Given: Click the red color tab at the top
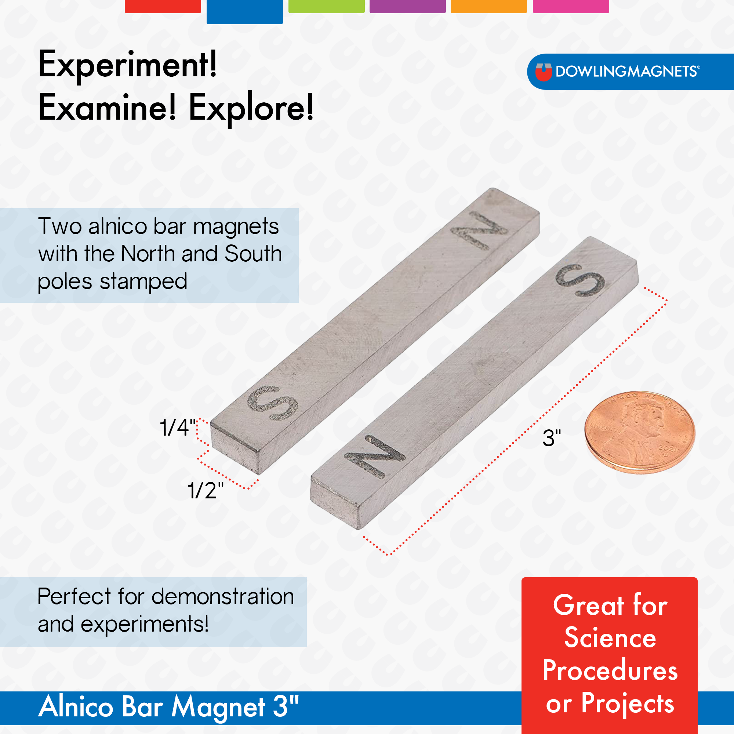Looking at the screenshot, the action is coord(163,6).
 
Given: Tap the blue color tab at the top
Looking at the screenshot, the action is coord(245,12).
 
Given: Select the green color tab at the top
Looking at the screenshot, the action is coord(326,6).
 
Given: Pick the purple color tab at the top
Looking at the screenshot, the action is coord(408,6).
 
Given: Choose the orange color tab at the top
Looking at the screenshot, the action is coord(488,6).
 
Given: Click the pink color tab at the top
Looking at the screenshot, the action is coord(571,6).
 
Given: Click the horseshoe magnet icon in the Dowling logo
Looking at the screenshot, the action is coord(543,72).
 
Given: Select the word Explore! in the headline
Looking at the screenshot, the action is coord(251,109).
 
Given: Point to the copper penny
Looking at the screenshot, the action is coord(640,432).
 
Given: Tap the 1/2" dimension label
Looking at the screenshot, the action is coord(206,490).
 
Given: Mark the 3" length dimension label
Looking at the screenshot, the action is coord(552,438).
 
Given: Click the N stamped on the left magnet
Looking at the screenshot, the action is coord(479,230).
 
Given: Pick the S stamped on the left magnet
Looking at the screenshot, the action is coord(273,403).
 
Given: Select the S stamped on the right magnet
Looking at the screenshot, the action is coord(580,280).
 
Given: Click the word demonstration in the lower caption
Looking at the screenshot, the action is coord(223,596).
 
